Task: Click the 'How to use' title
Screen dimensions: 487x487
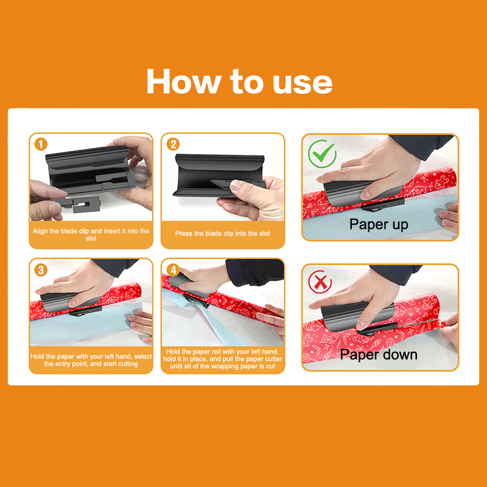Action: coord(239,82)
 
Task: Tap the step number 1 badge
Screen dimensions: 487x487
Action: coord(41,144)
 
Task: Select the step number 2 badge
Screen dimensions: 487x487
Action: coord(173,144)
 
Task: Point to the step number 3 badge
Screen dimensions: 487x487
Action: coord(41,270)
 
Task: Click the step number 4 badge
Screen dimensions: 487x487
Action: coord(173,270)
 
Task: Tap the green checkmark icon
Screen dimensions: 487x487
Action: coord(322,154)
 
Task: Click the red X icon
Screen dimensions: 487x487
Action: coord(320,282)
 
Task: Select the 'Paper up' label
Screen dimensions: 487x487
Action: coord(379,224)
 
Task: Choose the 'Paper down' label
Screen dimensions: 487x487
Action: coord(379,355)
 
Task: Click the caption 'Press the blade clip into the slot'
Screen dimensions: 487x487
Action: coord(222,234)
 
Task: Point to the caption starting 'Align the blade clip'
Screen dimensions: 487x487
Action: coord(91,235)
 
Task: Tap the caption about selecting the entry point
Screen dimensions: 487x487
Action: coord(91,360)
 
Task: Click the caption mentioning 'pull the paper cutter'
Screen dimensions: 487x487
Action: coord(222,359)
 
